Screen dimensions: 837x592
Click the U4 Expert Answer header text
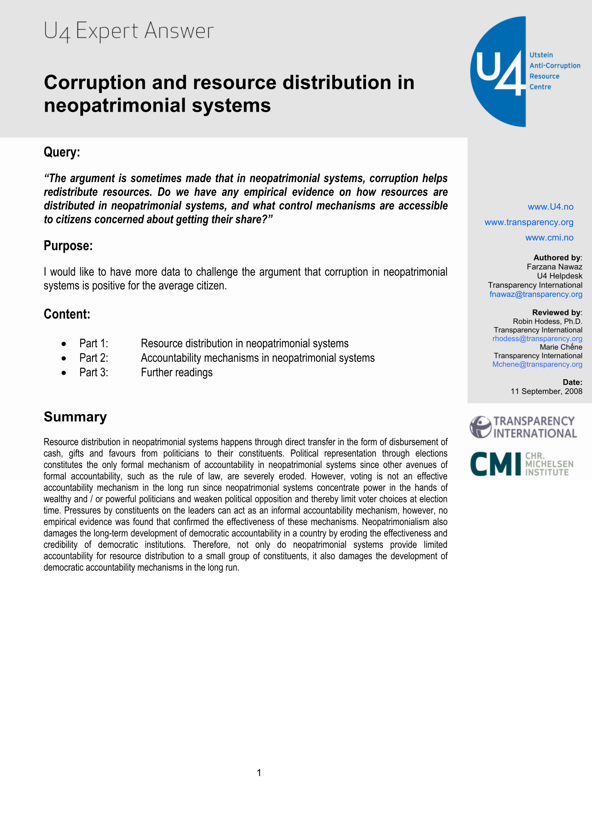(129, 31)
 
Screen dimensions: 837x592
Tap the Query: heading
(62, 152)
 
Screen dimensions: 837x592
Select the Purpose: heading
(68, 246)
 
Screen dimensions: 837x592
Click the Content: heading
(67, 314)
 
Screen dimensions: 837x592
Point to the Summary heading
(75, 417)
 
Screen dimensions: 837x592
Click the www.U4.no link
(550, 207)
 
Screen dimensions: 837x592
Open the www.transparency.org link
(529, 222)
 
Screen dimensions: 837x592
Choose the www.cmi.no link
(549, 238)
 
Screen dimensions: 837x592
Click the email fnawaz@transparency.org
(536, 294)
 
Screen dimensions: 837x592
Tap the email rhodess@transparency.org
(537, 339)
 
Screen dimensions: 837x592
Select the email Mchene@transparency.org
(537, 364)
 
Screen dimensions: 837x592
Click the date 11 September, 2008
(546, 391)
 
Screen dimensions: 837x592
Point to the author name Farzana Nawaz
(554, 267)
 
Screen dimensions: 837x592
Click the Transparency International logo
(523, 427)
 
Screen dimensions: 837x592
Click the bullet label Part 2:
(94, 358)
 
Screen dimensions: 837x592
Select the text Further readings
(177, 372)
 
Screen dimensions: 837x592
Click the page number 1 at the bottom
(259, 773)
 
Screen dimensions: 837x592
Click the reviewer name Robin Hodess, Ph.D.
(547, 321)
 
